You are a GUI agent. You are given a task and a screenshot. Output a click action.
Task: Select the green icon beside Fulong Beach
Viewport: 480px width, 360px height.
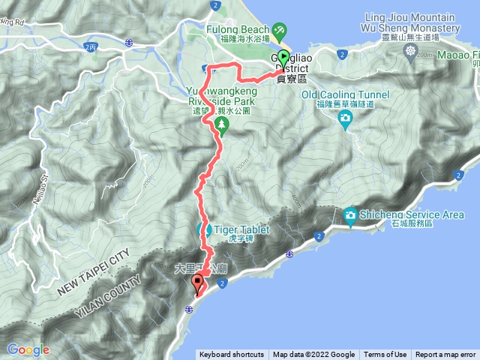click(279, 30)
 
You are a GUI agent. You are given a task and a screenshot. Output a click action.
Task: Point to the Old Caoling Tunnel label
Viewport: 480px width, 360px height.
click(345, 94)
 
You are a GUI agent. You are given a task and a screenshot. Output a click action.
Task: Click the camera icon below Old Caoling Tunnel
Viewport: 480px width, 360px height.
click(344, 118)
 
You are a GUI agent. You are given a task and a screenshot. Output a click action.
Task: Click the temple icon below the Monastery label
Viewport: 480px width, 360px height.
click(411, 50)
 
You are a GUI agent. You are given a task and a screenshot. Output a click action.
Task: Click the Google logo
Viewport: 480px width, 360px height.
click(28, 349)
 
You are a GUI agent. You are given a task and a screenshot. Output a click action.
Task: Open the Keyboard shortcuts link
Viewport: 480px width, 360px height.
click(232, 355)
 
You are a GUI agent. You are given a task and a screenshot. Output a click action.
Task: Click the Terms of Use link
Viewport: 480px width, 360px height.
click(385, 355)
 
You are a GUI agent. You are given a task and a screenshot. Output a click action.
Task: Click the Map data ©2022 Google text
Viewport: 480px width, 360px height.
click(313, 355)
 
